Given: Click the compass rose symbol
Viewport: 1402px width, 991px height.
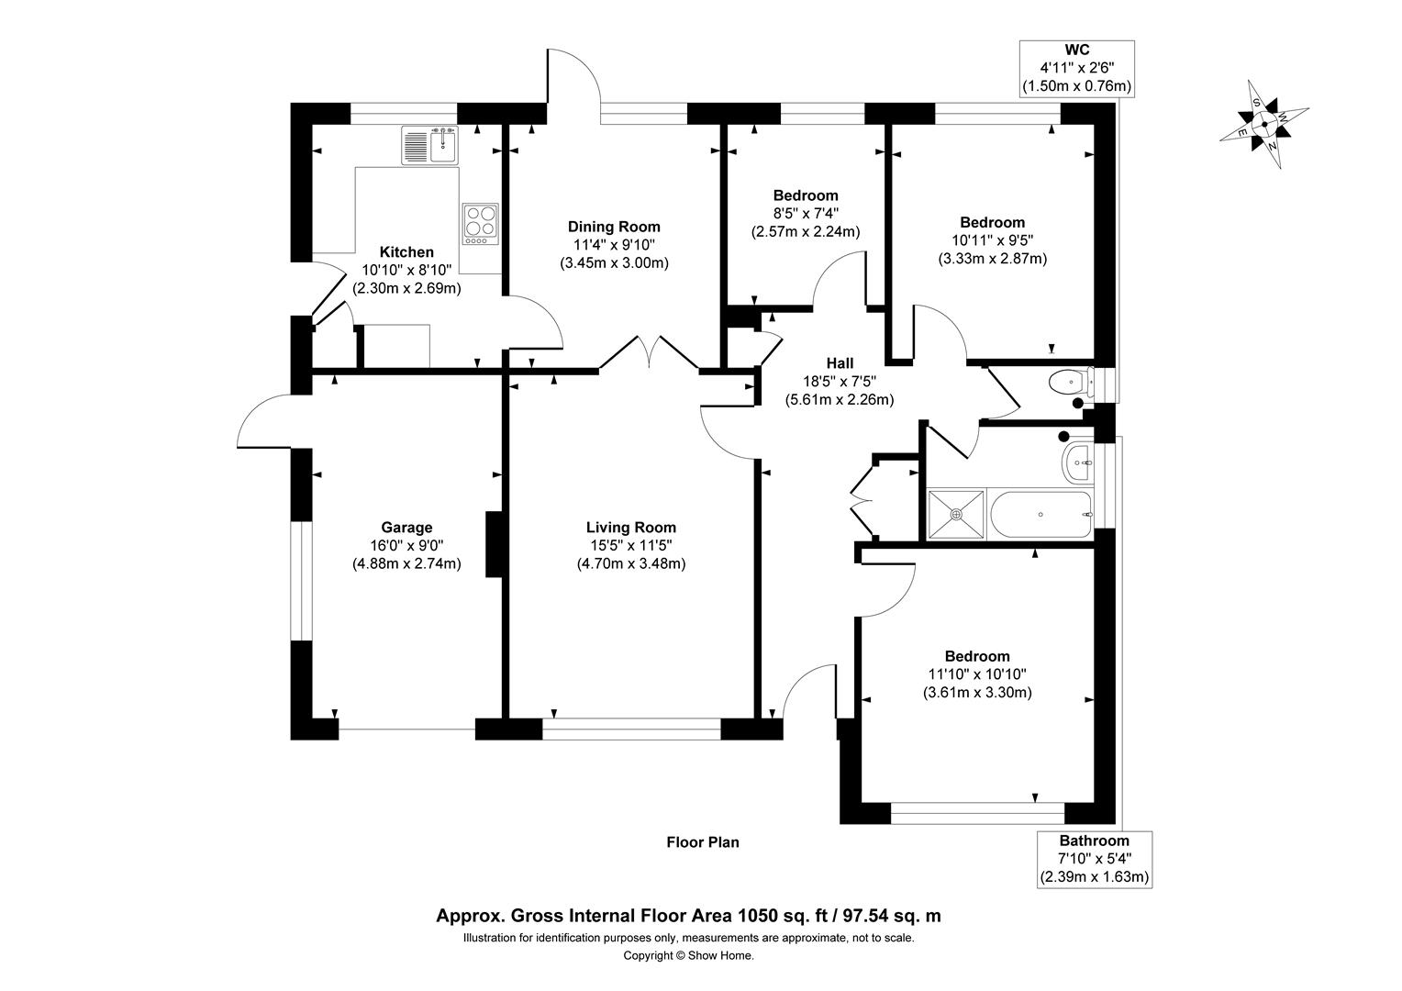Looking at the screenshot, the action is (1264, 124).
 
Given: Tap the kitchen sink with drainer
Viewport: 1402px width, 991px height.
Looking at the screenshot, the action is (430, 145).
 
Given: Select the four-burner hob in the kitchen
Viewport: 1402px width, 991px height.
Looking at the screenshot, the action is (481, 224).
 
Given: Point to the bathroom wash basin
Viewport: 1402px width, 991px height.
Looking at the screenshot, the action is (1078, 462).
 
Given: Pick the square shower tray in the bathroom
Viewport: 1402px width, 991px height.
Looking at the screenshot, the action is (956, 515).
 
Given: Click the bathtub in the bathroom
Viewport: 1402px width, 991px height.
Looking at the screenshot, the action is (1041, 515).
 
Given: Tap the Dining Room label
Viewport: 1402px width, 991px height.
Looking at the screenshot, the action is (614, 227).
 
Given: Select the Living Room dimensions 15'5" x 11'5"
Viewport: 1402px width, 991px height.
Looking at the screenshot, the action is (631, 545).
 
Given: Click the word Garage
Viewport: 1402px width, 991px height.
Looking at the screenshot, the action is (406, 528).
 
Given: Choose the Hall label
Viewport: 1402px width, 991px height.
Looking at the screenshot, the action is (840, 363).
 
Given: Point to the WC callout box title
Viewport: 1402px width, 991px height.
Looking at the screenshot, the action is (1077, 50).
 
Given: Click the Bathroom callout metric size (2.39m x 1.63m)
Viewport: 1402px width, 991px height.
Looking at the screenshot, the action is (1095, 877).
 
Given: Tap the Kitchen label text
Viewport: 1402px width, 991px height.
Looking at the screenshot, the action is (406, 252).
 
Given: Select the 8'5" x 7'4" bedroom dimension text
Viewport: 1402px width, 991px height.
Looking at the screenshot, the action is (806, 214).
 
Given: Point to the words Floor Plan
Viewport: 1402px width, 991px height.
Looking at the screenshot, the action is (703, 842).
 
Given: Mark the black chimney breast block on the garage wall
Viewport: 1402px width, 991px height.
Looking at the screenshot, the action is (495, 544).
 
